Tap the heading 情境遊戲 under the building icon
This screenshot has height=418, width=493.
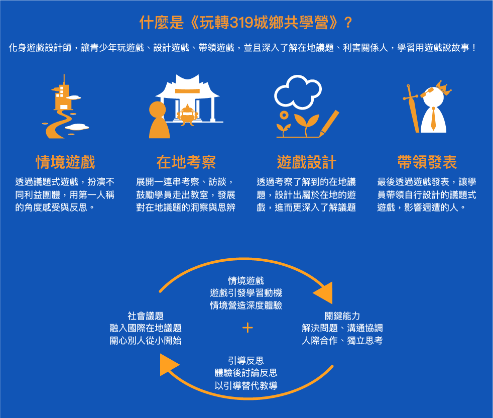pyautogui.click(x=65, y=162)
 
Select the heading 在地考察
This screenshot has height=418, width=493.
pyautogui.click(x=186, y=162)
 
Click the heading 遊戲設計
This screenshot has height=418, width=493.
pyautogui.click(x=306, y=162)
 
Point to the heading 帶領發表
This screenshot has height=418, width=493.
pyautogui.click(x=427, y=162)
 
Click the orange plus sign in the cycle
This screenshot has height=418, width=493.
pyautogui.click(x=247, y=328)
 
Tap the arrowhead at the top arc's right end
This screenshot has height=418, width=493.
pyautogui.click(x=324, y=292)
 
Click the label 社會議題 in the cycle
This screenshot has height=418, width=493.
pyautogui.click(x=146, y=316)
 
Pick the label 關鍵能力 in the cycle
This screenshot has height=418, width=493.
pyautogui.click(x=342, y=316)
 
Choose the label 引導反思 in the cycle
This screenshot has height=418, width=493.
pyautogui.click(x=246, y=361)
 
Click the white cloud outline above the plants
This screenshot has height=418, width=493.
pyautogui.click(x=298, y=91)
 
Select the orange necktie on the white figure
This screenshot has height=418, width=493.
pyautogui.click(x=433, y=119)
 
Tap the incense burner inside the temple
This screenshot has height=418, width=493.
pyautogui.click(x=187, y=113)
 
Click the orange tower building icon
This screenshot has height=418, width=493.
pyautogui.click(x=61, y=95)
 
